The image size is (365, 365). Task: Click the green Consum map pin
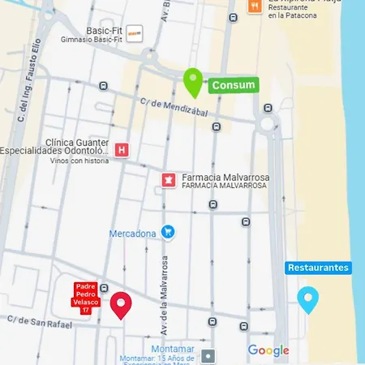192,82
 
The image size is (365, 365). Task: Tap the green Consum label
234,85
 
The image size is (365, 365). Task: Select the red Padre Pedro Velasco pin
122,304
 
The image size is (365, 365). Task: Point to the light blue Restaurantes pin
307,299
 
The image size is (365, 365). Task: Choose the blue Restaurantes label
319,268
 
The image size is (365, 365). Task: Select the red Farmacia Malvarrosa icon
169,179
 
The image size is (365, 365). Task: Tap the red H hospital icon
122,150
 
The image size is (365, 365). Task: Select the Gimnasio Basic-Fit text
91,39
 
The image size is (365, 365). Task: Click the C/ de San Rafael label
39,323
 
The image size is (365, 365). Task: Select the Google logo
268,350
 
